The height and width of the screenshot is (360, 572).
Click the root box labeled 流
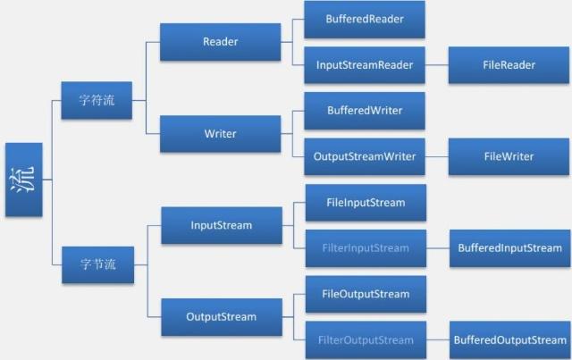click(x=23, y=180)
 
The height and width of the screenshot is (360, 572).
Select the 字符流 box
click(x=97, y=100)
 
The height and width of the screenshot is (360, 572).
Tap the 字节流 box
click(x=97, y=265)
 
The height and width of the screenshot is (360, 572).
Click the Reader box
click(x=220, y=42)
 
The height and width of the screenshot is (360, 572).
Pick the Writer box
click(x=220, y=134)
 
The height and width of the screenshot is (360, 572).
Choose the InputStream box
click(x=222, y=225)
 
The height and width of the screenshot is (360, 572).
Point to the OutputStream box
click(x=222, y=316)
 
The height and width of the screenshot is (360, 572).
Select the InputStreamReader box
click(x=365, y=65)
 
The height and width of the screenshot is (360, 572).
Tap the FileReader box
click(x=509, y=65)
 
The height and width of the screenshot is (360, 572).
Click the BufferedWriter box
click(x=365, y=111)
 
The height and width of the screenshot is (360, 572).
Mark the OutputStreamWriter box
click(x=365, y=156)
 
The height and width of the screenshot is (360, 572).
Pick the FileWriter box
click(x=509, y=156)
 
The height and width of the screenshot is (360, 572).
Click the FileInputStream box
click(x=366, y=203)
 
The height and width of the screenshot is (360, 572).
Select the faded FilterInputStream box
click(x=366, y=248)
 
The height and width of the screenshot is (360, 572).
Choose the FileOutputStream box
click(x=366, y=294)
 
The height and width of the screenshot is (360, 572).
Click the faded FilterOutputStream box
click(x=366, y=340)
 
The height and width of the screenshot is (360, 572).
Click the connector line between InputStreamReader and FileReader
click(x=436, y=65)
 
